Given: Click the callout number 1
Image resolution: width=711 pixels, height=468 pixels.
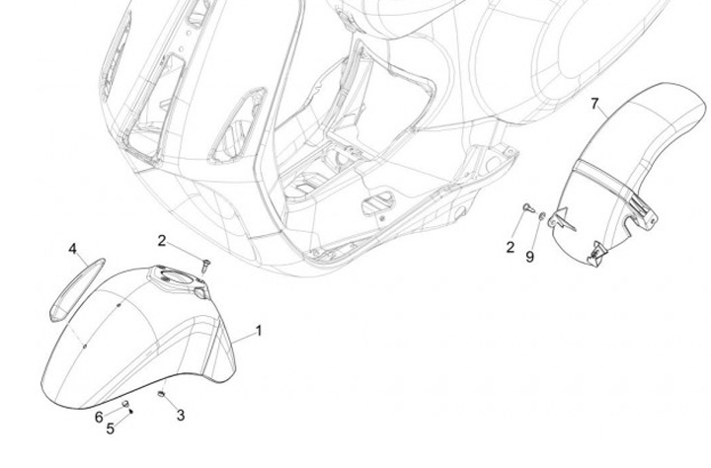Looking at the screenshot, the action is (x=260, y=330).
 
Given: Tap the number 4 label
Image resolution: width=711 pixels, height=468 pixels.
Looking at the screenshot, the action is (x=72, y=248).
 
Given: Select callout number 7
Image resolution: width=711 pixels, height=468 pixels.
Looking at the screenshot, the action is (x=595, y=103).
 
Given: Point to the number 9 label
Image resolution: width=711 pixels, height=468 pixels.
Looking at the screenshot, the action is (x=529, y=257).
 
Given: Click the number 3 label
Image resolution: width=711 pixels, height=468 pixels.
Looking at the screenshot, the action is (x=181, y=416).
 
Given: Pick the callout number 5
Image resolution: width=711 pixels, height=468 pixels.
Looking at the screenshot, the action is (x=110, y=429).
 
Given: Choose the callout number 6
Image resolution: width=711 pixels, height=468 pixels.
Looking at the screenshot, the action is (x=99, y=417).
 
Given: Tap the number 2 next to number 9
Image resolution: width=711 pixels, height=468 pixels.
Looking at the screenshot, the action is (x=511, y=246).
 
